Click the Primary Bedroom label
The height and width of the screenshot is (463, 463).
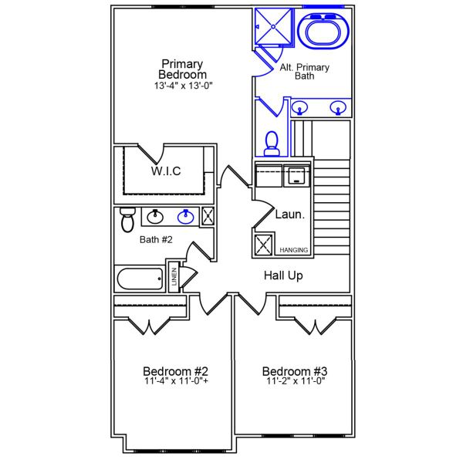(x=183, y=69)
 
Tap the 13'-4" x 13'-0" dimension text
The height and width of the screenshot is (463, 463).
(x=183, y=86)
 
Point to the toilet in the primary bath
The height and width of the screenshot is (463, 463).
(x=272, y=142)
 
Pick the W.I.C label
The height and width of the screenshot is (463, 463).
(x=165, y=171)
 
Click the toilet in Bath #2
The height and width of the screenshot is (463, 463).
(x=128, y=219)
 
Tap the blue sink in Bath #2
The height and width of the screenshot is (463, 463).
(x=185, y=217)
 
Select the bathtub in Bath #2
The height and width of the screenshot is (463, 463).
(x=140, y=279)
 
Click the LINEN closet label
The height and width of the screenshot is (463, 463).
(x=174, y=279)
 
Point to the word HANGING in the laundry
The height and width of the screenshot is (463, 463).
(x=294, y=250)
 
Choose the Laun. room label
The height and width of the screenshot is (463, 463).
(x=290, y=215)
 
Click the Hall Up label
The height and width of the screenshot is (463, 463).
(x=283, y=275)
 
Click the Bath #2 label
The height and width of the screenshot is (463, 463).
(x=156, y=239)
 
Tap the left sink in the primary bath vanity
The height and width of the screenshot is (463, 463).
(x=301, y=107)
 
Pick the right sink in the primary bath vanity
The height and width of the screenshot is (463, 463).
(x=336, y=107)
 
